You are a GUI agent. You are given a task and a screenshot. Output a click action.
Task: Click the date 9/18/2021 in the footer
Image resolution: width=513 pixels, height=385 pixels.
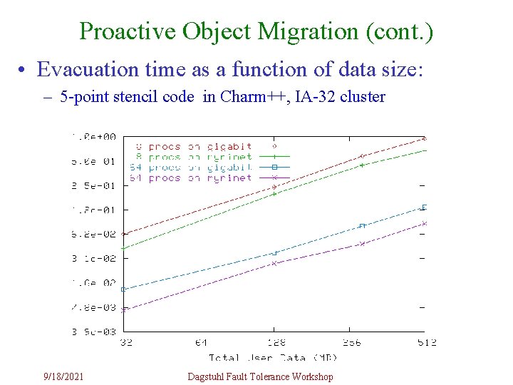point(63,376)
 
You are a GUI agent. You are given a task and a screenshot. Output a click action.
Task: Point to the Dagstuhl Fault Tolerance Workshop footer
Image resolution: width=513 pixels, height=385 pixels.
point(260,376)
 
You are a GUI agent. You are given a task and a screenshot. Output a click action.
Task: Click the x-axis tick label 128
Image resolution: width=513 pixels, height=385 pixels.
point(274,343)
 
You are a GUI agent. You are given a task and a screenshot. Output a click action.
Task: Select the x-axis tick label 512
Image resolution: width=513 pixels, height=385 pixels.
point(425,343)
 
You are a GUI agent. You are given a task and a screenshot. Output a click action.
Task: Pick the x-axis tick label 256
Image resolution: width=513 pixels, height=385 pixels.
point(351,343)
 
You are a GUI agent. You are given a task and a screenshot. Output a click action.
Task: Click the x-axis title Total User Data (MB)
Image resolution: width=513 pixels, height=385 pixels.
point(267,357)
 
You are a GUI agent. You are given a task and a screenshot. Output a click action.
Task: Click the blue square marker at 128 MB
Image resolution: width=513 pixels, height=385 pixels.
point(274,252)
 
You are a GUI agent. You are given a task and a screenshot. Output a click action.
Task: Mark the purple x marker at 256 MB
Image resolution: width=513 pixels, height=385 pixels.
point(362,244)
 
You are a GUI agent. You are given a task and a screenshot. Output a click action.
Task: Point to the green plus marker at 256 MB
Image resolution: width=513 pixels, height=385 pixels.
point(362,165)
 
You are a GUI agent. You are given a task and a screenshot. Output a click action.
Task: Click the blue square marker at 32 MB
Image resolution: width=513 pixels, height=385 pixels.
point(124,289)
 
